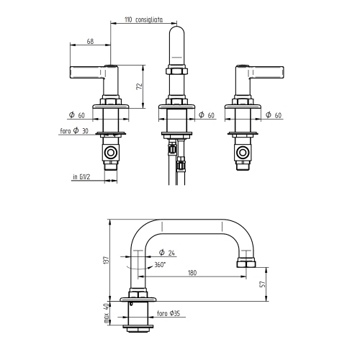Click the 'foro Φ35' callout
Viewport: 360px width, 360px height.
[x=168, y=315]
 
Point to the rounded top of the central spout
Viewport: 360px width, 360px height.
[x=177, y=32]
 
